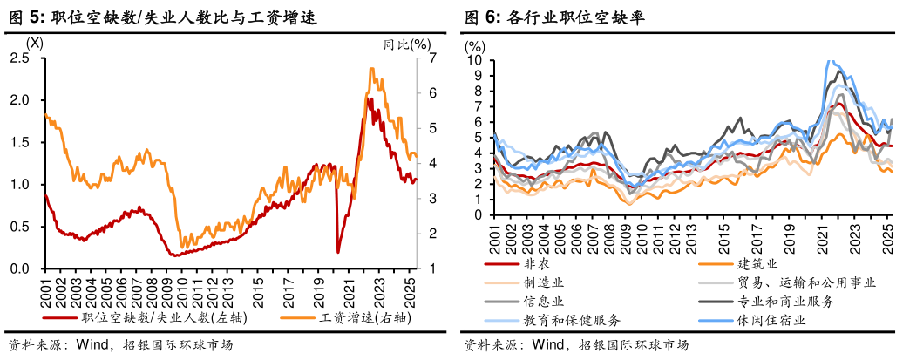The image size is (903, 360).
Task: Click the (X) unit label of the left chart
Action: (x=34, y=43)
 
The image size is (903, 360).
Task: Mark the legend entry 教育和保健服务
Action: (x=572, y=321)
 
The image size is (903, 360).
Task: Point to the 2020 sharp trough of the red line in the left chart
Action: (x=338, y=251)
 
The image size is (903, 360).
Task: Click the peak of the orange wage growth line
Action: (x=372, y=69)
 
